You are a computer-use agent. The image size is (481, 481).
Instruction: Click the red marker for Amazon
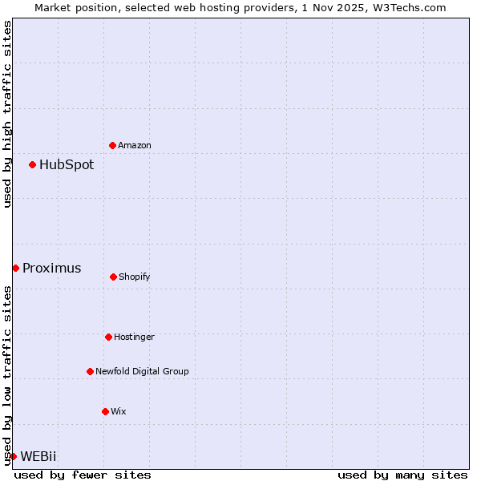point(112,145)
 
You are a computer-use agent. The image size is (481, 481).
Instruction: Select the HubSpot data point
point(32,164)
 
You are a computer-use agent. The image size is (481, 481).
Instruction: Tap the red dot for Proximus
point(15,268)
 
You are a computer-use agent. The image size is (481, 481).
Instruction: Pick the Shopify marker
point(113,277)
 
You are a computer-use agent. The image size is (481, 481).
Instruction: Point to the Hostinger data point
point(108,337)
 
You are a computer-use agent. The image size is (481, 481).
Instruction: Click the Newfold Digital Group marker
point(90,371)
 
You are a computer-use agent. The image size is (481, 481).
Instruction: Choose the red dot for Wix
point(105,411)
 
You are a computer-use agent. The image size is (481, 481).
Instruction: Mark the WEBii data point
point(13,456)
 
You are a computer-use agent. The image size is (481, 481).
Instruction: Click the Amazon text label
point(135,145)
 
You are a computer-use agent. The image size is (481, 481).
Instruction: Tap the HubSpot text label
point(67,165)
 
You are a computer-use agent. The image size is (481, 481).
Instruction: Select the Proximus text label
point(51,269)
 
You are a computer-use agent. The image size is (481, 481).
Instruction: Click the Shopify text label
point(135,277)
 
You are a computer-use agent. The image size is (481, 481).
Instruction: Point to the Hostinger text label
point(134,337)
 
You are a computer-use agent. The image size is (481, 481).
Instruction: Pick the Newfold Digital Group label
point(142,371)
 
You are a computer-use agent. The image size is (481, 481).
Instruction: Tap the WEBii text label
point(38,457)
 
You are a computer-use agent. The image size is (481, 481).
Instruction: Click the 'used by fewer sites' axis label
point(83,475)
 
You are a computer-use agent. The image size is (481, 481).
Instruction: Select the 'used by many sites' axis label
point(402,475)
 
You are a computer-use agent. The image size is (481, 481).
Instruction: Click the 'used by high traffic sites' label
point(7,114)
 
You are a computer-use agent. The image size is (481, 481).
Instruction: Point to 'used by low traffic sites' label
point(7,374)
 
